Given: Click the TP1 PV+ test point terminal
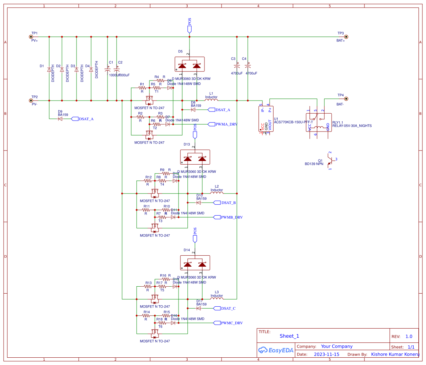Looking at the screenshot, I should click(31, 37).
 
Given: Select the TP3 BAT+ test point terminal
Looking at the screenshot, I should click(346, 37).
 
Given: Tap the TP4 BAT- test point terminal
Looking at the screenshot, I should click(346, 99).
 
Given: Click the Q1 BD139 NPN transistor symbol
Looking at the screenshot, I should click(330, 160).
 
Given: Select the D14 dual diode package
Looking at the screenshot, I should click(195, 263).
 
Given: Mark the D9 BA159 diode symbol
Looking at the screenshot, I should click(60, 119).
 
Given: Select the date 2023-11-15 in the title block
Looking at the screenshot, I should click(327, 354).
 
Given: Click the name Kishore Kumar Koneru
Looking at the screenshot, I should click(395, 354).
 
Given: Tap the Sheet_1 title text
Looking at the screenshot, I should click(289, 336).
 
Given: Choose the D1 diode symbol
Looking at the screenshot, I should click(49, 69).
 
